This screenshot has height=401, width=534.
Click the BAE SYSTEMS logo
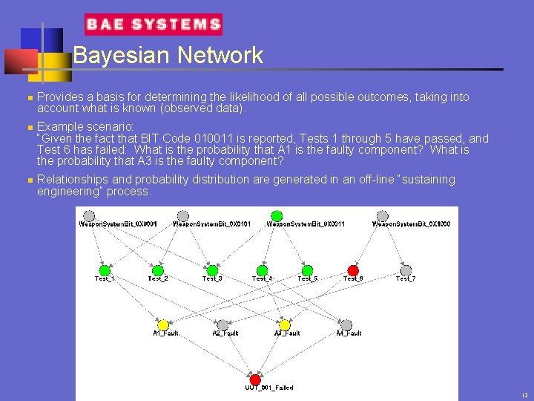click(x=154, y=25)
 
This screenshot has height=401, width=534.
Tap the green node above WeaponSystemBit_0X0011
click(x=277, y=216)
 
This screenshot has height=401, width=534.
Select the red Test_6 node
click(x=353, y=270)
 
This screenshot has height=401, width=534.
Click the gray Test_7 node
click(x=406, y=270)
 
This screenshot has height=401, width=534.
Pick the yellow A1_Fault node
click(x=163, y=325)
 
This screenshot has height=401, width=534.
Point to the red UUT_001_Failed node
click(x=255, y=379)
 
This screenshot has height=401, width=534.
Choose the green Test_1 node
click(x=105, y=270)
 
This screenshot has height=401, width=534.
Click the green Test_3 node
click(x=212, y=270)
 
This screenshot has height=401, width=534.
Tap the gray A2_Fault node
click(x=222, y=325)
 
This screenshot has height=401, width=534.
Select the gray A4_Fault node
click(x=346, y=325)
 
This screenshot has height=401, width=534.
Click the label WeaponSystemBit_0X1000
click(x=401, y=224)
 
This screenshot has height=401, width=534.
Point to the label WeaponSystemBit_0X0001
click(x=108, y=224)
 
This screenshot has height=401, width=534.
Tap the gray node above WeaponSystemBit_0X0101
click(x=183, y=216)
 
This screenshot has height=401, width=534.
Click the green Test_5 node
click(x=307, y=270)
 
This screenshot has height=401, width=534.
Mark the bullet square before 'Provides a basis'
click(x=27, y=97)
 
